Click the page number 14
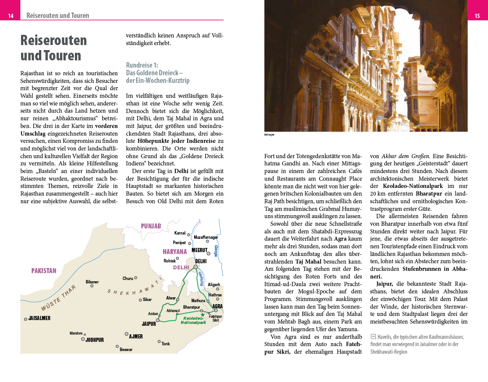coord(11,16)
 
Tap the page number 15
coord(477,16)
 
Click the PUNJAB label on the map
coord(151,226)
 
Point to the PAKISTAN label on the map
coord(44,271)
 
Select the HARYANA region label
coord(175,252)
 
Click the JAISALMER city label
coord(39,318)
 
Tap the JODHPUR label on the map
coord(94,340)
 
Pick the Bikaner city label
coord(92,282)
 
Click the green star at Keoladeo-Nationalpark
coord(203,315)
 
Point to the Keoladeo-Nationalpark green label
coord(193,320)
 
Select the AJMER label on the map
coord(136,337)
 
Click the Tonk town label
coord(165,344)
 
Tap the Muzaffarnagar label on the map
coord(206,237)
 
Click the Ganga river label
coord(216,251)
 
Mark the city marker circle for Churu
coord(136,278)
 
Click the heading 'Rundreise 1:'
coord(142,65)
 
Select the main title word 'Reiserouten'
coord(54,40)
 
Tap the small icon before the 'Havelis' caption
coord(373,337)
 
